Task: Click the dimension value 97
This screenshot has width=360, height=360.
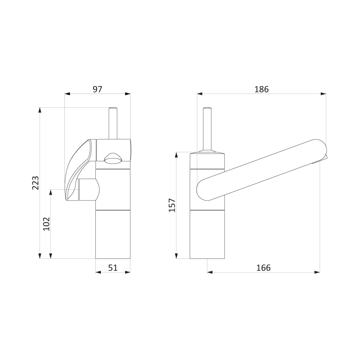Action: tap(97, 89)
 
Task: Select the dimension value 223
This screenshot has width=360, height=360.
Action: tap(35, 183)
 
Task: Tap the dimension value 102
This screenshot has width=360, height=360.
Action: tap(46, 224)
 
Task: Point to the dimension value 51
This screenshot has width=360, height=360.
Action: tap(113, 268)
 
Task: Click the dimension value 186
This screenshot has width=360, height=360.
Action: tap(261, 89)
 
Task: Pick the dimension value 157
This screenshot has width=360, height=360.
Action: tap(172, 205)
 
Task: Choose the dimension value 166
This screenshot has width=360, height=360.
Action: tap(264, 268)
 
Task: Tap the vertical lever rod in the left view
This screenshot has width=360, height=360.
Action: tap(113, 123)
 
